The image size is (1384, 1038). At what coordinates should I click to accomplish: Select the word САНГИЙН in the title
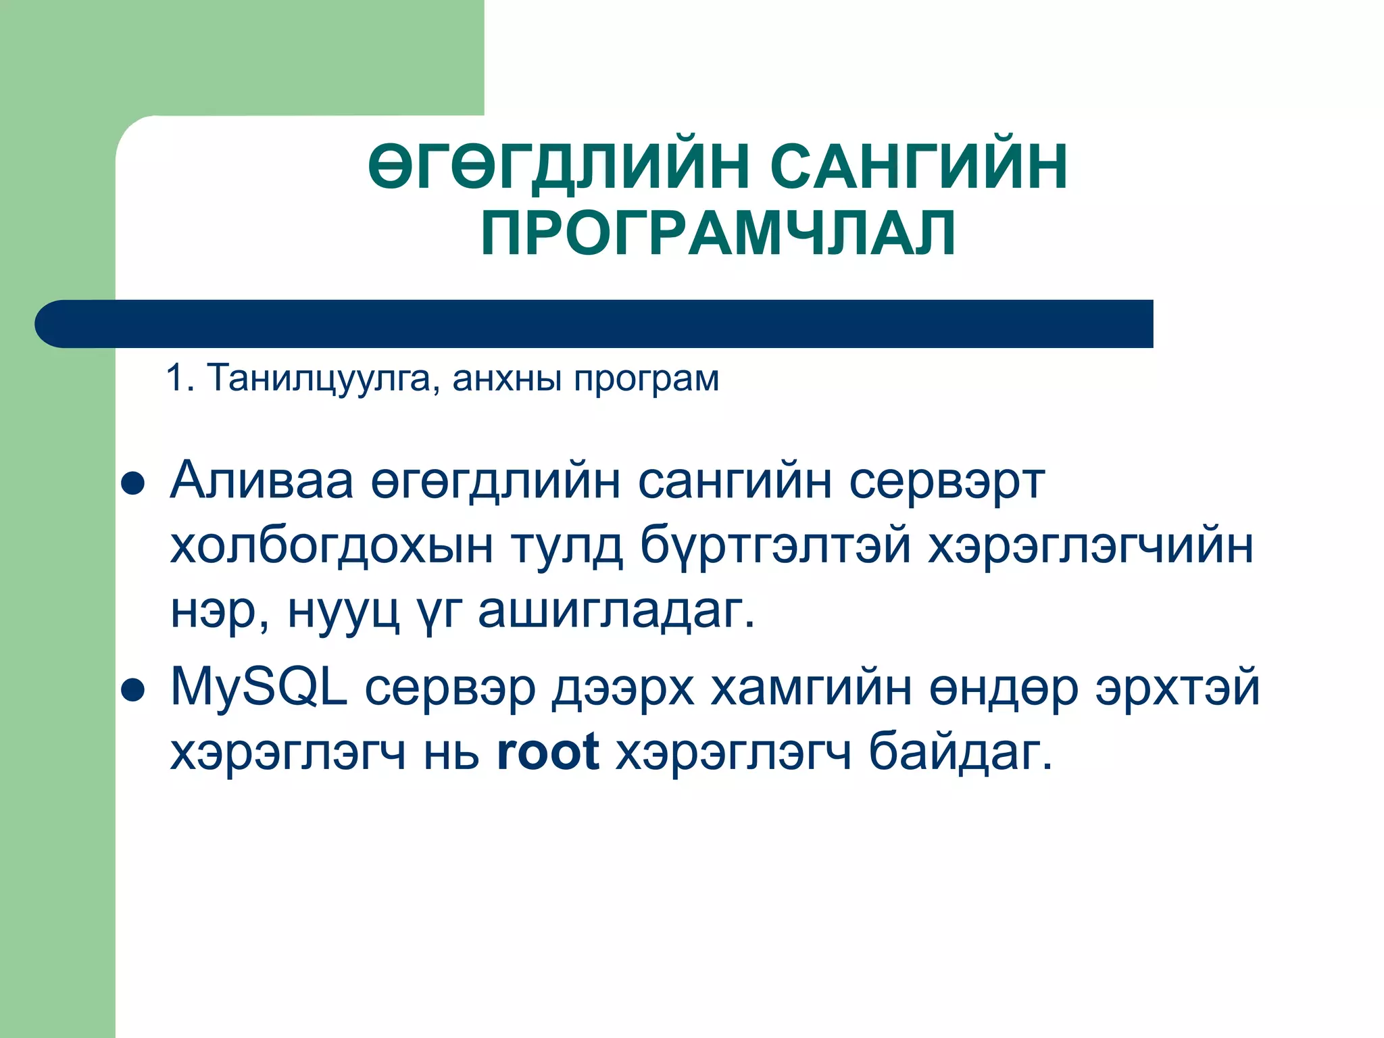coord(919,167)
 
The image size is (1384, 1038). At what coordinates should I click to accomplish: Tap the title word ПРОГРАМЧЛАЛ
coord(718,233)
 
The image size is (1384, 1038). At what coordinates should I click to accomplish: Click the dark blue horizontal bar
coord(595,324)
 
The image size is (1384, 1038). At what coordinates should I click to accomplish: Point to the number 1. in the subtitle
coord(180,378)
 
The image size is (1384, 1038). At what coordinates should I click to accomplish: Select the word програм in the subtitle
coord(646,379)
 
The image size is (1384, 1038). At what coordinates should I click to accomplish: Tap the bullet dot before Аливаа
coord(132,484)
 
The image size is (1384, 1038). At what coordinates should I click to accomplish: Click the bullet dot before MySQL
coord(132,691)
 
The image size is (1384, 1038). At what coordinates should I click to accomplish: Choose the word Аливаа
coord(262,481)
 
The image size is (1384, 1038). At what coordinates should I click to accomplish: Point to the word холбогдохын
coord(331,546)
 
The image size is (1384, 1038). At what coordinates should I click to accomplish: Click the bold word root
coord(547,751)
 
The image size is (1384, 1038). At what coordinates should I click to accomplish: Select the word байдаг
coord(960,753)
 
